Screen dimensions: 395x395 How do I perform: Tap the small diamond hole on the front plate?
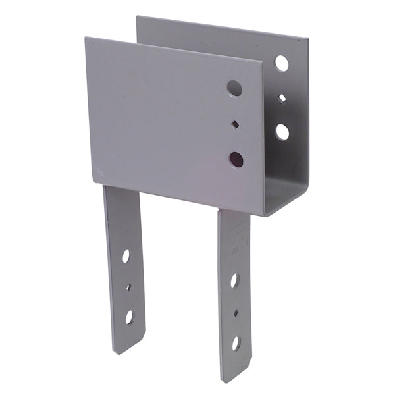pos(236,123)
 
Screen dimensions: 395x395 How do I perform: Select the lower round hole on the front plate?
pos(236,159)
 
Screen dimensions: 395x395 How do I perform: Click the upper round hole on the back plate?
pos(282,63)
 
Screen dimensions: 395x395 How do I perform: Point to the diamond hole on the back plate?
pos(282,98)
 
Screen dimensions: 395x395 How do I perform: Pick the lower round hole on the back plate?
pos(282,132)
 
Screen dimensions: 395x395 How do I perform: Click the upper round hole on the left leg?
pos(125,256)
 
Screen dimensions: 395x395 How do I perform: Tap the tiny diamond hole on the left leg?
pos(128,286)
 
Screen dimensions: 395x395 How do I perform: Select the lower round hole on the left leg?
pos(130,317)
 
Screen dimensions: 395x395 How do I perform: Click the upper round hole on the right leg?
pos(234,280)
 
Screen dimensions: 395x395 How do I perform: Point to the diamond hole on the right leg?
pos(235,312)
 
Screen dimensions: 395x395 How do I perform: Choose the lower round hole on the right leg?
pos(236,343)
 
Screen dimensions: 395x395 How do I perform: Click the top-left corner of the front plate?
pos(86,38)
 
